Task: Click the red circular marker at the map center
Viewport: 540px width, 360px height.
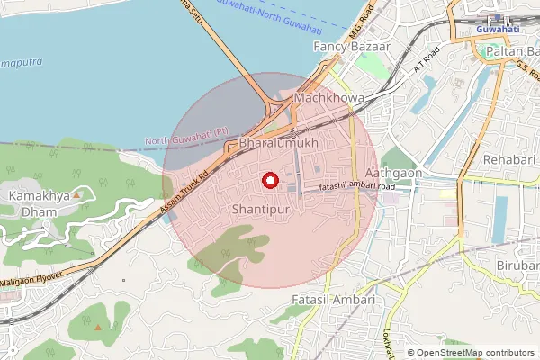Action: pyautogui.click(x=269, y=181)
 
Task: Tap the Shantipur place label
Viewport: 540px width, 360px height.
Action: pyautogui.click(x=261, y=209)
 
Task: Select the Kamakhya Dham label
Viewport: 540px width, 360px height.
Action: pyautogui.click(x=32, y=203)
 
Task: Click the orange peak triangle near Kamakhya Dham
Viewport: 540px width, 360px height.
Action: pyautogui.click(x=77, y=193)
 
